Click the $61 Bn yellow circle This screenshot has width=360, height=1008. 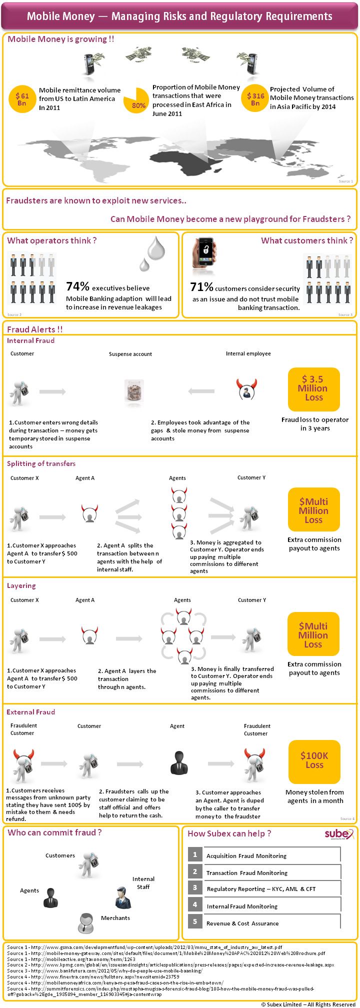click(x=22, y=99)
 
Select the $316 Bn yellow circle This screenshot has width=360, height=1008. click(x=255, y=98)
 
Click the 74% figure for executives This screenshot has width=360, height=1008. click(x=77, y=286)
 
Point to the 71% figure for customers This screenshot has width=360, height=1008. click(x=201, y=287)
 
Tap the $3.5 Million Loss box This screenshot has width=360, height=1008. click(x=313, y=389)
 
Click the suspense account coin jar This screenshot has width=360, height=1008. click(x=133, y=391)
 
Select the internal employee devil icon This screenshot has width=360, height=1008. click(x=246, y=389)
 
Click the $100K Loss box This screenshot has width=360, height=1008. click(x=314, y=761)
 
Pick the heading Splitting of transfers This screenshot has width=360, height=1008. click(x=41, y=463)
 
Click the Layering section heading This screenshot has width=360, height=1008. click(x=21, y=585)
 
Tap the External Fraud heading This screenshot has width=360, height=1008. click(x=30, y=712)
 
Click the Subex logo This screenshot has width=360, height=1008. click(x=338, y=834)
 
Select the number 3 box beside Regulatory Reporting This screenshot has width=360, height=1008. click(x=195, y=888)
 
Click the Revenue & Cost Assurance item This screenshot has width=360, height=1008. click(x=242, y=923)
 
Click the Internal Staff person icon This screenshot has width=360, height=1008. click(x=122, y=897)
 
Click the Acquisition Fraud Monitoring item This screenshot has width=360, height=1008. click(x=246, y=856)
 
